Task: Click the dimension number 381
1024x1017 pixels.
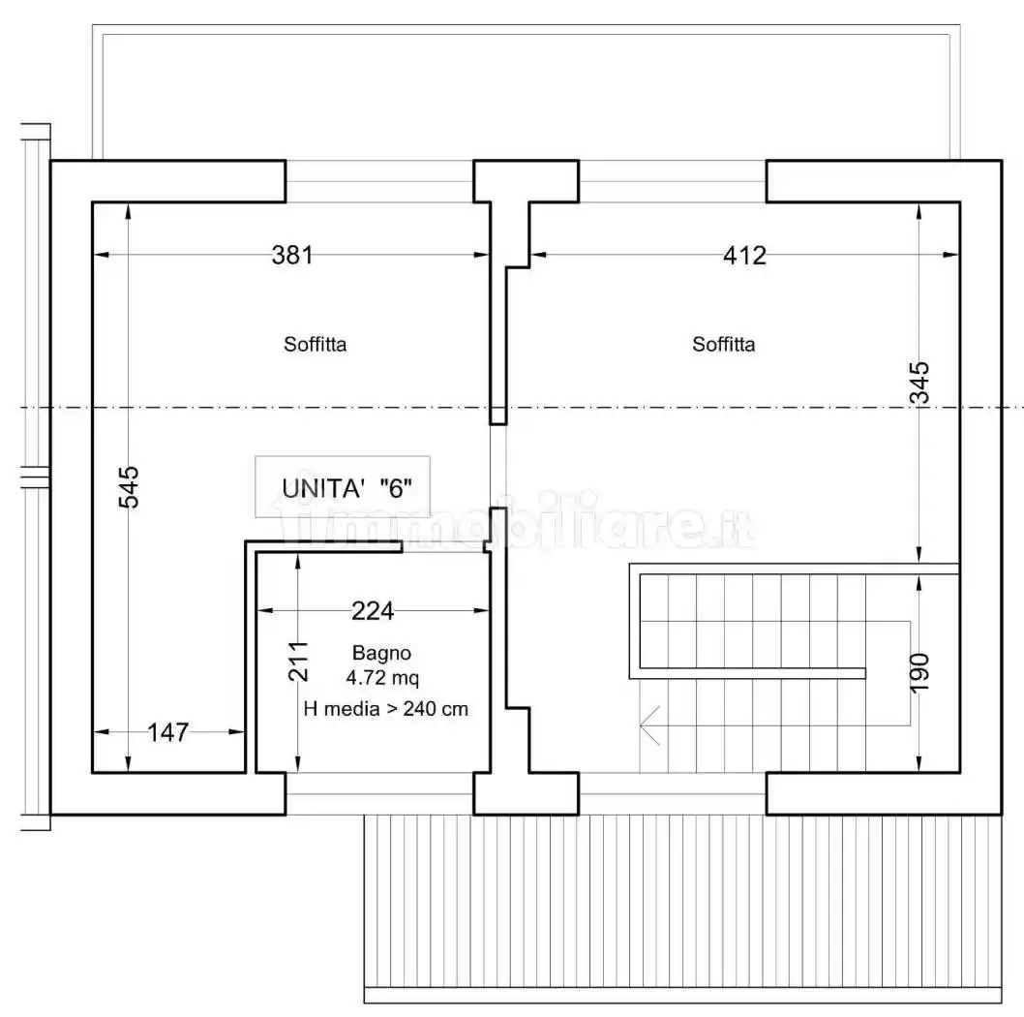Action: click(291, 256)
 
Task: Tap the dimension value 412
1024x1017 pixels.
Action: click(744, 256)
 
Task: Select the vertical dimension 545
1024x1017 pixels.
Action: click(130, 487)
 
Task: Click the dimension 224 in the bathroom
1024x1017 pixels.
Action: click(373, 611)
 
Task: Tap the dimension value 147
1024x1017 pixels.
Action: click(167, 733)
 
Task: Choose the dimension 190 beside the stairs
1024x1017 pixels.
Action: click(919, 671)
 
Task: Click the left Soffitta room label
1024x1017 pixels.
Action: click(316, 344)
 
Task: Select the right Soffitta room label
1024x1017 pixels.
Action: click(724, 344)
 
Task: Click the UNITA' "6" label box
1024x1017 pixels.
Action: click(343, 485)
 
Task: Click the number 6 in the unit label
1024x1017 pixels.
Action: click(396, 487)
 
